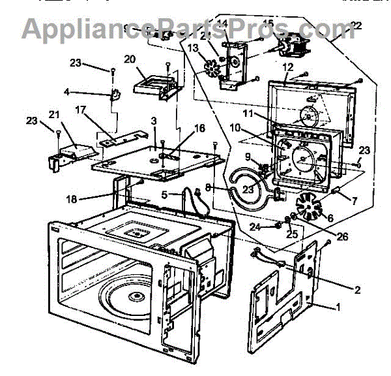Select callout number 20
click(x=129, y=59)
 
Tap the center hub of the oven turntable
click(x=138, y=297)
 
